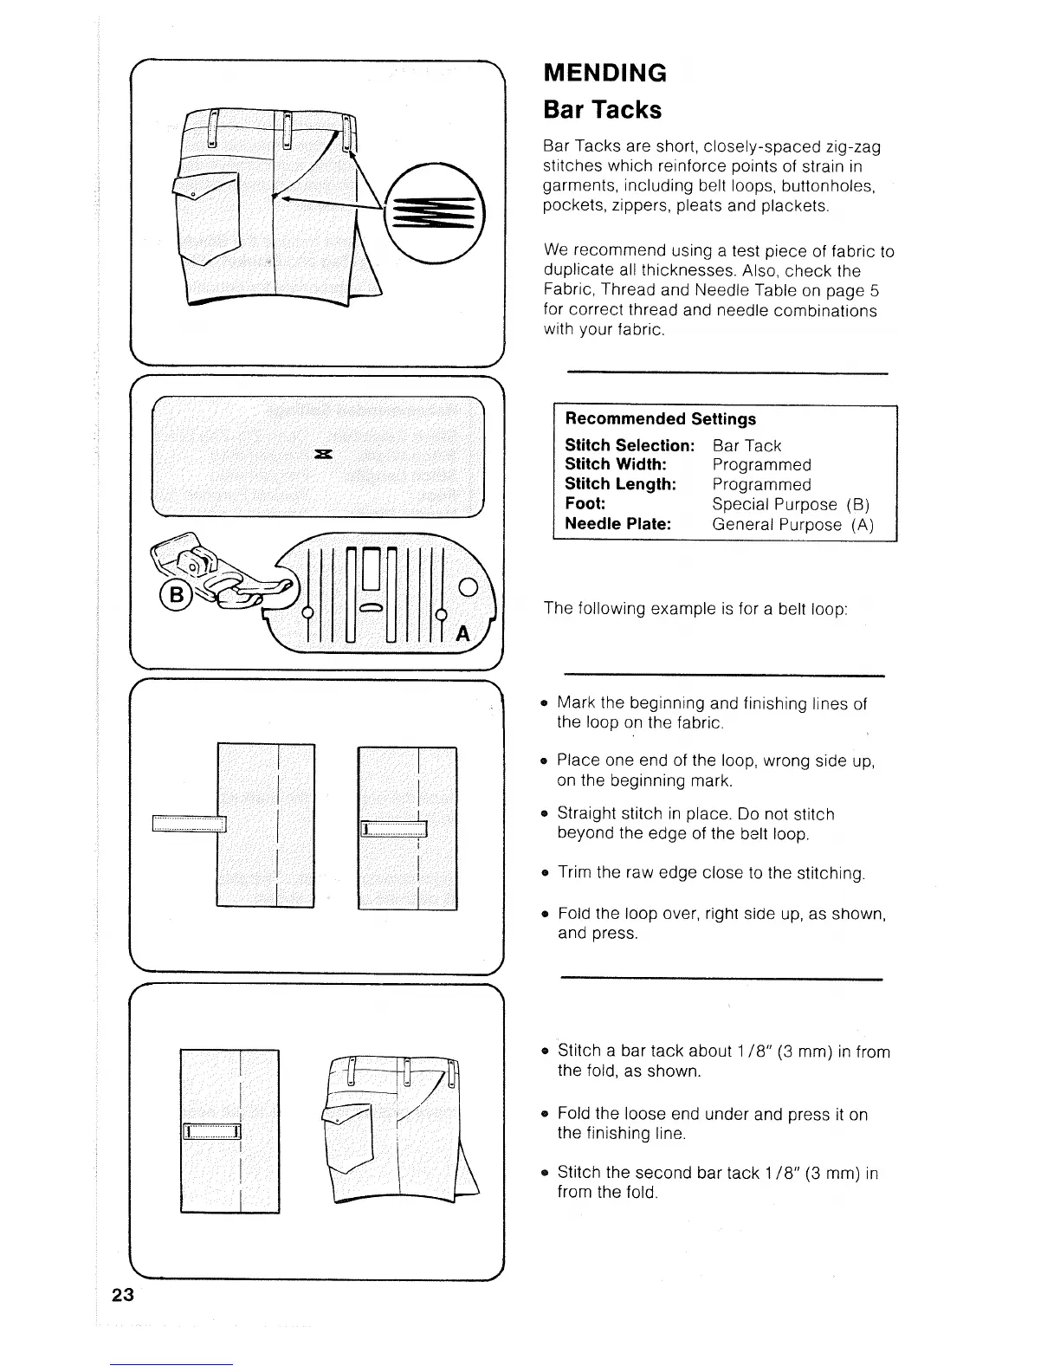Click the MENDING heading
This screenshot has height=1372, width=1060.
(604, 73)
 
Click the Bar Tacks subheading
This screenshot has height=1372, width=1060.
(602, 111)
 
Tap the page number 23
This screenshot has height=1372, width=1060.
(122, 1295)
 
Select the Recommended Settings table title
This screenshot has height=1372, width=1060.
(660, 419)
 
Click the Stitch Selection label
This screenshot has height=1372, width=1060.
(630, 445)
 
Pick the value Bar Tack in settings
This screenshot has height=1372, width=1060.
(747, 445)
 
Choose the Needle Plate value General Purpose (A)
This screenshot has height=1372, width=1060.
(793, 524)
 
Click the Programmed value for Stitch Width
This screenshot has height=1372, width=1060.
(761, 465)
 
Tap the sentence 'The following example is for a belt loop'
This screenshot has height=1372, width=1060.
(695, 608)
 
